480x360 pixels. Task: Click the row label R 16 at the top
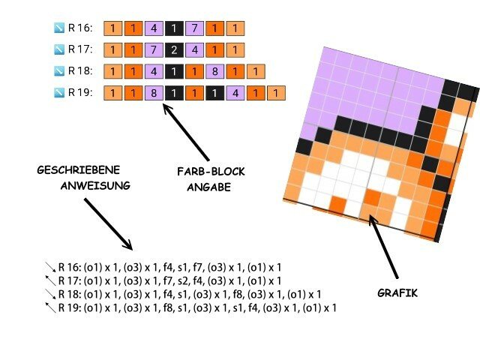[x=79, y=28]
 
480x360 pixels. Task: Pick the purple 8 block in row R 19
[x=152, y=94]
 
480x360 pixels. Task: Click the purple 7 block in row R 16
[x=193, y=28]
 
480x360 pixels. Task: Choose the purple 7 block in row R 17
[x=152, y=50]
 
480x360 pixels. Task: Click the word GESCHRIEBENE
[x=77, y=169]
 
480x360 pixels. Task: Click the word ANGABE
[x=207, y=187]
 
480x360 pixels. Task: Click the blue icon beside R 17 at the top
[x=59, y=50]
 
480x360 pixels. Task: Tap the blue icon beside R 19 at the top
[x=59, y=94]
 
